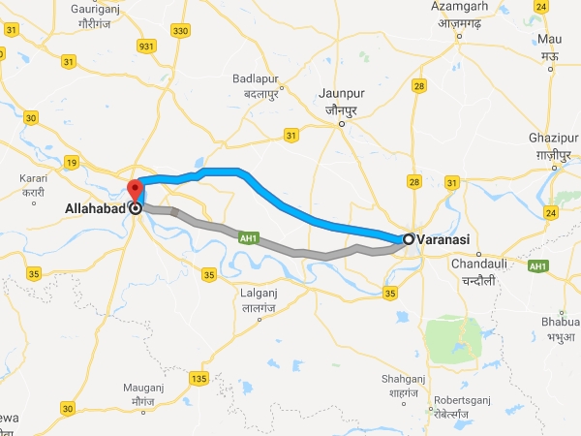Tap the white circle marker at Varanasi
click(x=410, y=239)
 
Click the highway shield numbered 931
click(x=146, y=47)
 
